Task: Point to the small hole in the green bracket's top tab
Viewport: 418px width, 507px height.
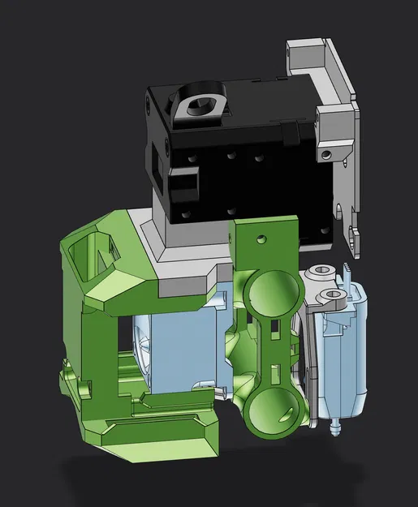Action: [260, 239]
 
